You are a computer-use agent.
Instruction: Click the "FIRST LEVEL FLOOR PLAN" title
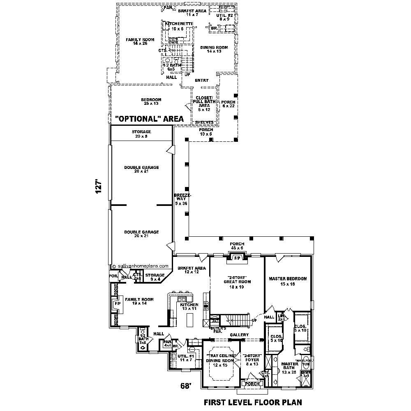tap(253, 402)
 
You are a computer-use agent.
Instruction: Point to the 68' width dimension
tap(187, 386)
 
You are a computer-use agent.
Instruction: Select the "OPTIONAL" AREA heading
tap(149, 119)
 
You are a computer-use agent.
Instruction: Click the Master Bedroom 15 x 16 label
tap(288, 281)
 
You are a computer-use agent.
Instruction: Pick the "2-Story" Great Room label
tap(237, 282)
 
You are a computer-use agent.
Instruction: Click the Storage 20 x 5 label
tap(141, 134)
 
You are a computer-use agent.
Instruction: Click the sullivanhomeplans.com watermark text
tap(143, 266)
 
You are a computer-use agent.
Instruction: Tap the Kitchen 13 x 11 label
tap(189, 307)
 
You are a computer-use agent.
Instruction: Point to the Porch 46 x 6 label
tap(237, 246)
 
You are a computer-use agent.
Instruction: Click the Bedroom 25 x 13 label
tap(151, 102)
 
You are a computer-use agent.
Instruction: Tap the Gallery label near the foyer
tap(239, 335)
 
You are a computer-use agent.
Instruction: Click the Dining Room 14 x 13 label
tap(214, 49)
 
